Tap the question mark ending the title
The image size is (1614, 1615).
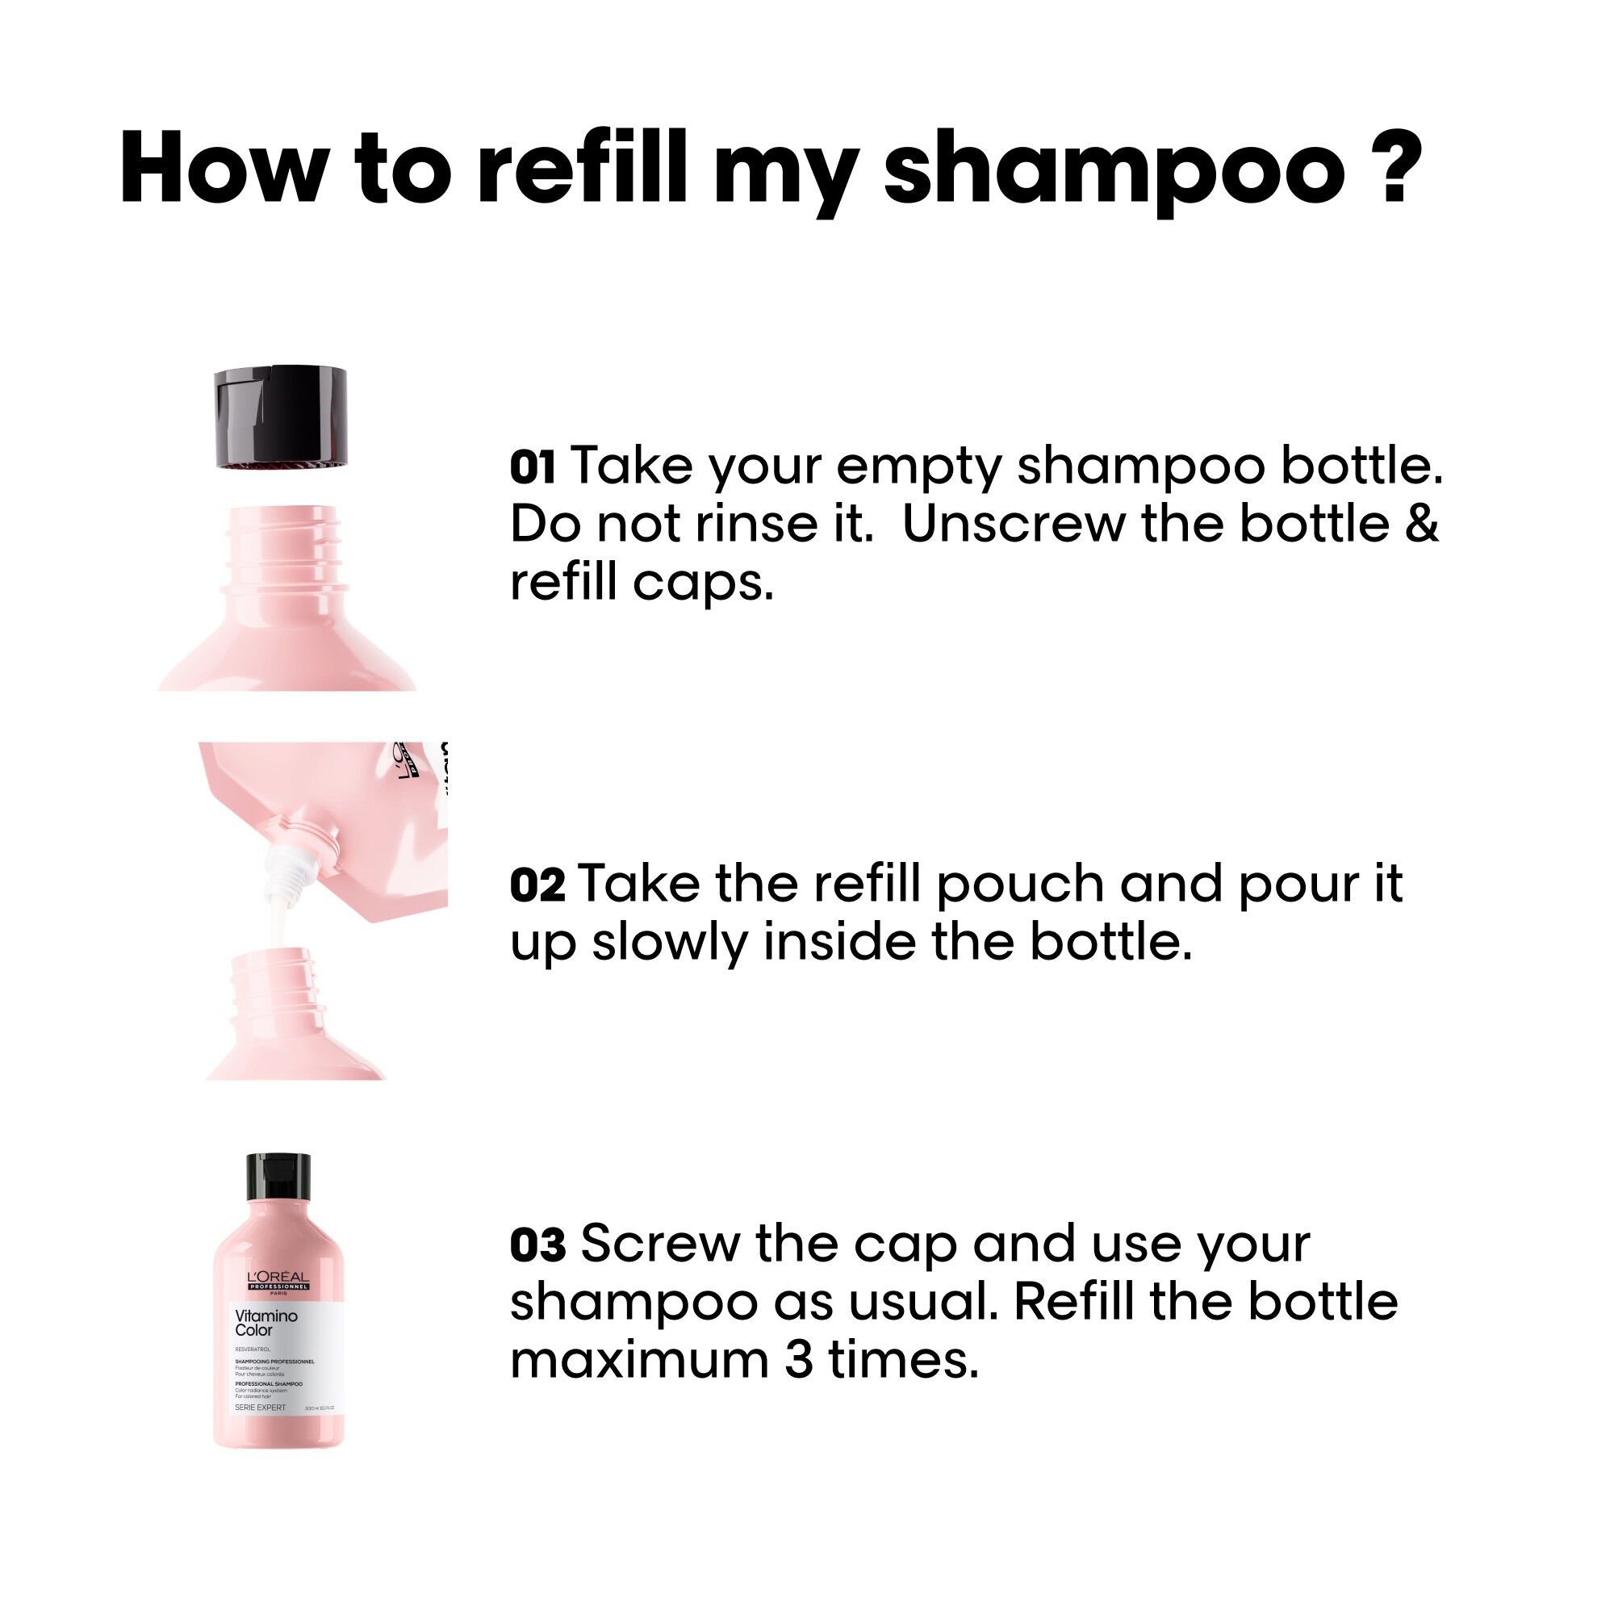click(x=1396, y=167)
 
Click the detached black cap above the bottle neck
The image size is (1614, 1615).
click(x=281, y=418)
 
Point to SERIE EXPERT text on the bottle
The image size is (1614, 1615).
click(x=260, y=1408)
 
